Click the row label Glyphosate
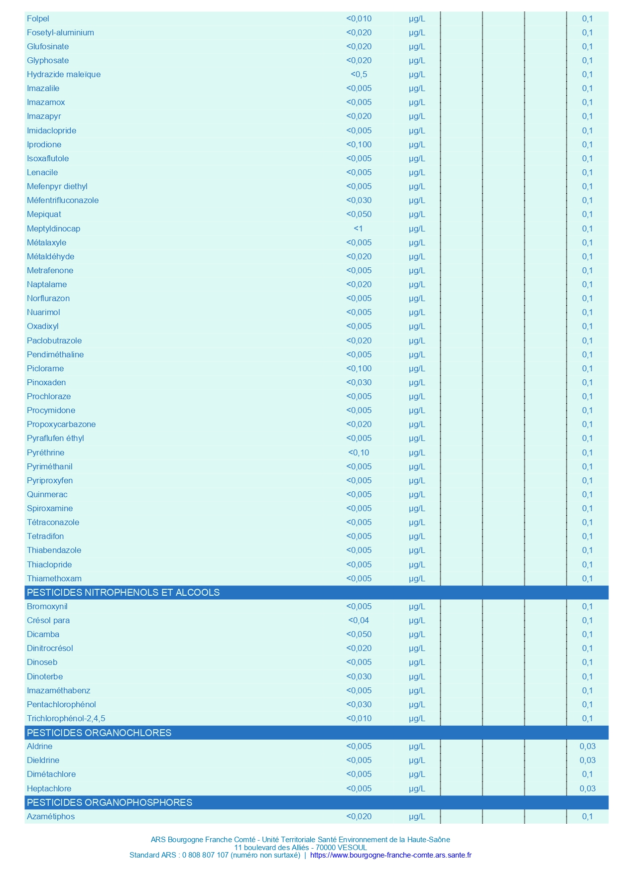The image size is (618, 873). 48,60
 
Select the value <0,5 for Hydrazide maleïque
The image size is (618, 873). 359,74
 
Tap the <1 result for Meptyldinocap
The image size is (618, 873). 359,228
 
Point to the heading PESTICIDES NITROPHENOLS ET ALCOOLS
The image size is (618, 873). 123,592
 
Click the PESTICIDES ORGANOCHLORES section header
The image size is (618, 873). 99,733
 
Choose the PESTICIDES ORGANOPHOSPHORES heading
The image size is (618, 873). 110,802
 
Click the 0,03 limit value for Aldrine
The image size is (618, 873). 587,746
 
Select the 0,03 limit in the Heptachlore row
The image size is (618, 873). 587,788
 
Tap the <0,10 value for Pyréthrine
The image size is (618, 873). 359,452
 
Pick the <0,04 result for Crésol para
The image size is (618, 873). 359,620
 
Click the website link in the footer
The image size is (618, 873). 390,855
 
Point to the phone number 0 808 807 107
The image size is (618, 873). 205,855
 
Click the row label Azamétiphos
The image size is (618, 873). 51,816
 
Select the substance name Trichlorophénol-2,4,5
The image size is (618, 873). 66,718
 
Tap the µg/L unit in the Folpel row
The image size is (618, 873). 417,18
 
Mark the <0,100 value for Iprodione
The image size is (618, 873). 359,144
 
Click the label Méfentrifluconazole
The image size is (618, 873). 63,200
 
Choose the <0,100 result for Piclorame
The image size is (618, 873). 359,368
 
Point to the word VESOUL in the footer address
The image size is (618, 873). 352,847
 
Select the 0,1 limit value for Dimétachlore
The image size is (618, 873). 587,774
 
